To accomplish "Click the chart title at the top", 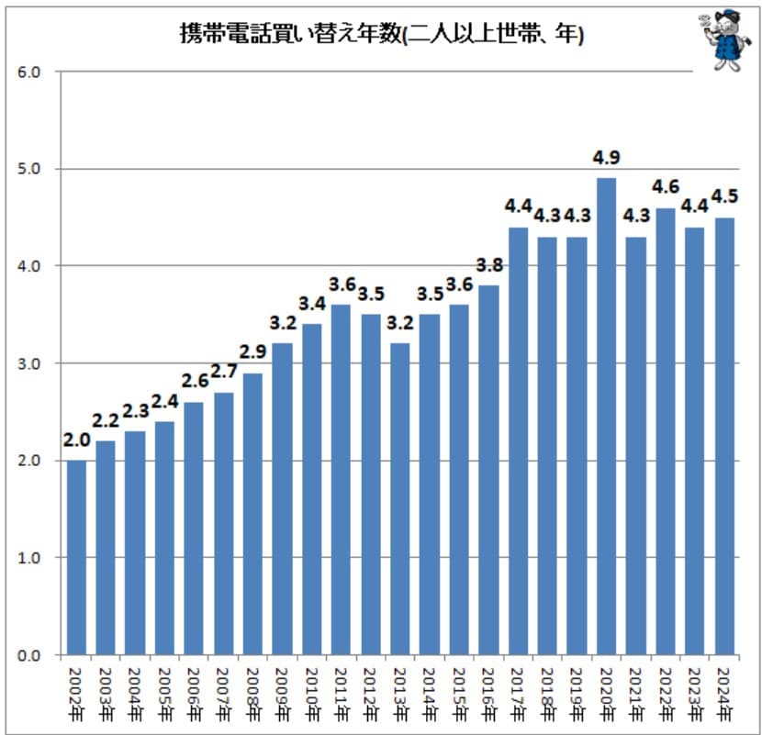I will click(381, 36).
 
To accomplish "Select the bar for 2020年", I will click(606, 416).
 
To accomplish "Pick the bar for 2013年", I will click(399, 498).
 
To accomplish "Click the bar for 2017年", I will click(518, 440).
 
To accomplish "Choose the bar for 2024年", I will click(725, 436).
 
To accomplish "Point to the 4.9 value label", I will click(606, 158).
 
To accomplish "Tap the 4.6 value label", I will click(666, 187).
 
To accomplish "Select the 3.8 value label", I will click(489, 265).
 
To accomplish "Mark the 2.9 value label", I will click(252, 352).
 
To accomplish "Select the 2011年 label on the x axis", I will click(339, 692).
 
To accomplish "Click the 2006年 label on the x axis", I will click(193, 692).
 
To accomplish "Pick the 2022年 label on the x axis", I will click(665, 692).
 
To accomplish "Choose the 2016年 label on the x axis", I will click(487, 692).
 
